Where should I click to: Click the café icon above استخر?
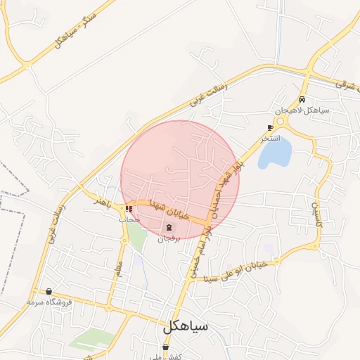click(x=270, y=127)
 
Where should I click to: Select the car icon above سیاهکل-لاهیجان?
click(x=302, y=100)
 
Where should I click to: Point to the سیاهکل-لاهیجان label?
click(x=298, y=111)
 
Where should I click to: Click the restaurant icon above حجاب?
click(x=129, y=209)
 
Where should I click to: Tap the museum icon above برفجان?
click(x=169, y=227)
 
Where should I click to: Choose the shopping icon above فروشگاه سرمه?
click(x=49, y=291)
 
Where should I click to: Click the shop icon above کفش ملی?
click(x=165, y=347)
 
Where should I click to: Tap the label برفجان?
click(x=169, y=239)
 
